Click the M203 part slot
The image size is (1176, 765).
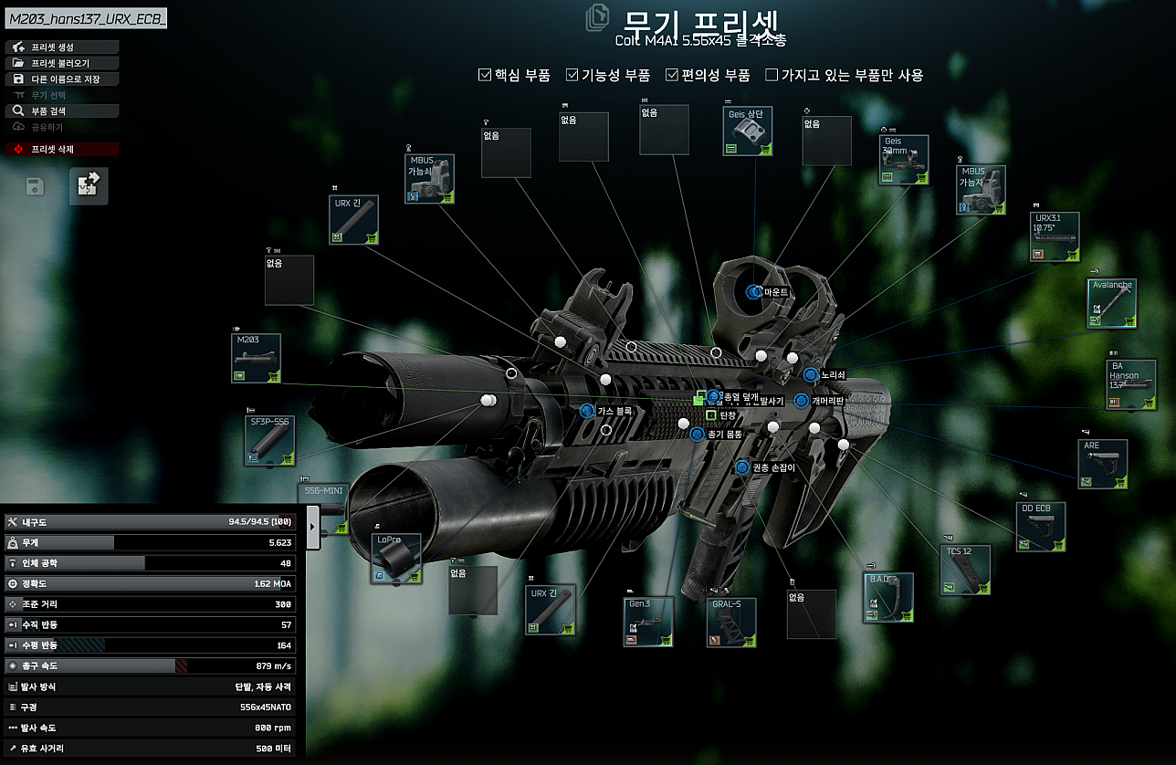[257, 358]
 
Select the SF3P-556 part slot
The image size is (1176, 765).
[269, 440]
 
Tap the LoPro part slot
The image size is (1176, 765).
[396, 558]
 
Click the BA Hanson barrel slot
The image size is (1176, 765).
[1130, 384]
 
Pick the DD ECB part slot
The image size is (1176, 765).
[1041, 527]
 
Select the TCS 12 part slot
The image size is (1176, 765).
[965, 570]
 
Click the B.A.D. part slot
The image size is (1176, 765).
[888, 598]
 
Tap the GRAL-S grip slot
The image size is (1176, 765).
[731, 622]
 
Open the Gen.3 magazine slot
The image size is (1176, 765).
[649, 622]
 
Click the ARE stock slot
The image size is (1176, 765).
[1102, 464]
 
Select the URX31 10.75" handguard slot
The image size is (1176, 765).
[1055, 236]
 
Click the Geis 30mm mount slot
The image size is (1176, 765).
[904, 161]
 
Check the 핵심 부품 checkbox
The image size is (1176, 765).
[486, 76]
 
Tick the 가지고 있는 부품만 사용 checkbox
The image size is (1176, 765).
[772, 76]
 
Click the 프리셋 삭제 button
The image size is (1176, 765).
[62, 149]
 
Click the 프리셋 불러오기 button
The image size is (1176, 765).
[62, 63]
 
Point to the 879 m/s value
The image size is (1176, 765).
[273, 666]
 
